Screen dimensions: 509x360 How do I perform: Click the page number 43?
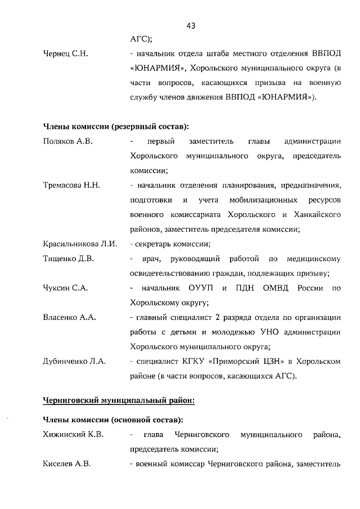pyautogui.click(x=190, y=25)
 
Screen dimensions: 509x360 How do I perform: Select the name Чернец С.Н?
pyautogui.click(x=65, y=54)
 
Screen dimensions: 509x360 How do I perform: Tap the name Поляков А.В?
pyautogui.click(x=67, y=141)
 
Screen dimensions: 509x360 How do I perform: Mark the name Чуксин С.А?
pyautogui.click(x=64, y=288)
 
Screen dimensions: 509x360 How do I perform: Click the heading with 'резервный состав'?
pyautogui.click(x=116, y=125)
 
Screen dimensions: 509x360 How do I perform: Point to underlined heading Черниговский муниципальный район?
pyautogui.click(x=119, y=400)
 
